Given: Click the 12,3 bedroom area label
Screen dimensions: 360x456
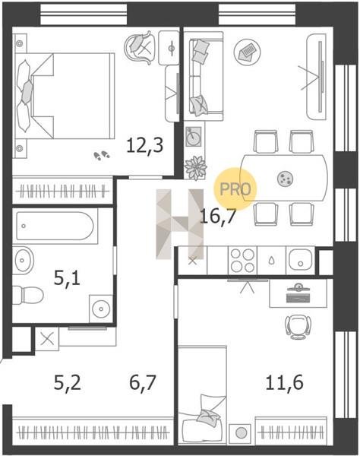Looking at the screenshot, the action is coord(145,146).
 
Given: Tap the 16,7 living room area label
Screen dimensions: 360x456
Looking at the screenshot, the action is coord(217,216).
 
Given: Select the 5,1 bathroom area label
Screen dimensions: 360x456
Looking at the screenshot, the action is coord(67,278).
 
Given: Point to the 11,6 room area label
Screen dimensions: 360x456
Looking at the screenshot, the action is coord(285,382).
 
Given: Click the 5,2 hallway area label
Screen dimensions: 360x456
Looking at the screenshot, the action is coord(68,382).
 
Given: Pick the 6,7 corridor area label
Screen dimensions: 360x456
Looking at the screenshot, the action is coord(143,382).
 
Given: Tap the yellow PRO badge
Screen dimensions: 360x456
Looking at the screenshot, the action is coord(235,189).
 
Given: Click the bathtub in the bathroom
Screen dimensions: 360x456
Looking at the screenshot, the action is coord(55,226).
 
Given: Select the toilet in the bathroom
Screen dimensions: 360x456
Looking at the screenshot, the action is coord(28,295).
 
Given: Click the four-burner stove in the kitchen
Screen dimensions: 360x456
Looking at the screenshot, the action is coord(242,260).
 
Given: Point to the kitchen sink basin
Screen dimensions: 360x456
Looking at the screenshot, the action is coord(301,260).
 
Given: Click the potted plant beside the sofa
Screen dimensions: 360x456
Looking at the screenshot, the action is coord(195,168).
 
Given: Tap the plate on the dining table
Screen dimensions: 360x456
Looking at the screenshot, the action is coord(285,179).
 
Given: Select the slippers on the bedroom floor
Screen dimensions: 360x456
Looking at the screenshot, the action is coord(102,156).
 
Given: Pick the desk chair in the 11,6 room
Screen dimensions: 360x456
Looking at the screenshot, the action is coord(298,327).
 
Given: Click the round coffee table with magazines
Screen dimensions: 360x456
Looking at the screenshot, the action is coord(248,52).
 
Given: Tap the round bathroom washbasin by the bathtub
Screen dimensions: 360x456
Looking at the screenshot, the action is coord(23,259).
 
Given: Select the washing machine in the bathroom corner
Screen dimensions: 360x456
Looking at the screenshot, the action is coord(101,309).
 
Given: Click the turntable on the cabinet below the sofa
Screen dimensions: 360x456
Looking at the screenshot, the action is coord(194,136).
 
